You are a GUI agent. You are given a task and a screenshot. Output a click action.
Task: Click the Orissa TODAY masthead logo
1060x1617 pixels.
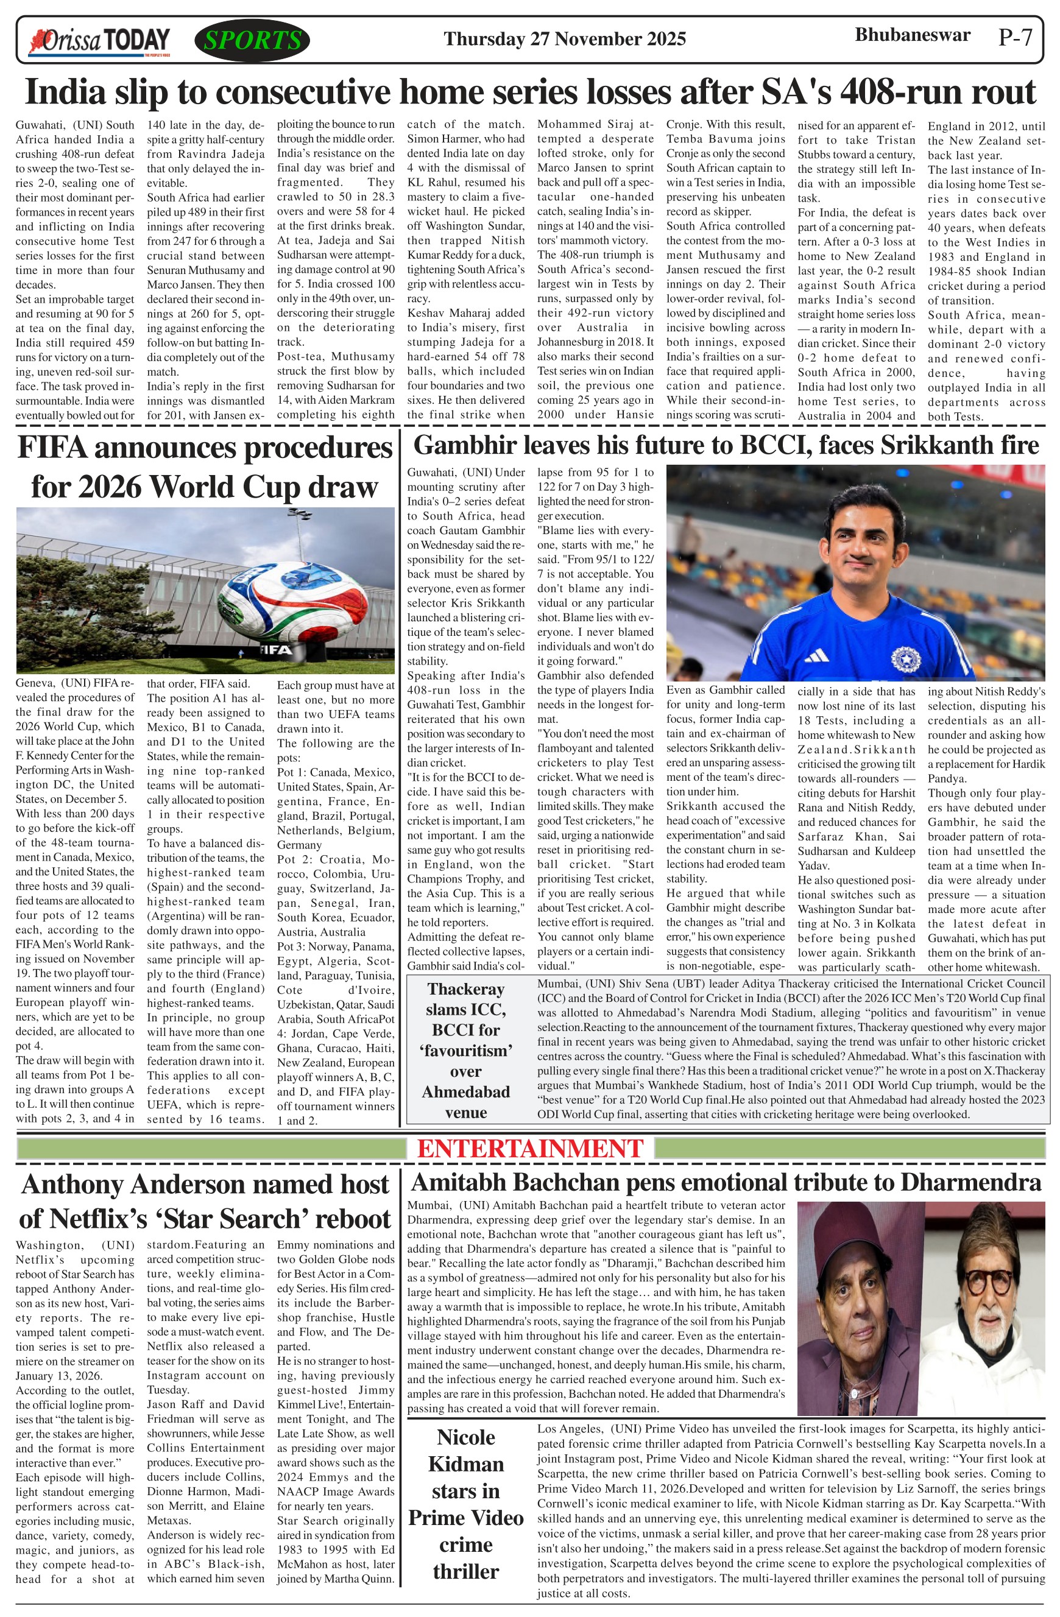coord(99,41)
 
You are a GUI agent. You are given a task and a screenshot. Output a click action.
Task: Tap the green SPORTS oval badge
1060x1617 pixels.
coord(252,40)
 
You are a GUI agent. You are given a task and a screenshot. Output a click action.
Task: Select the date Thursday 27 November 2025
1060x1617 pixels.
coord(565,39)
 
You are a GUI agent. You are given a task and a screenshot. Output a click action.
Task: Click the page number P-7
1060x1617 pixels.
coord(1015,37)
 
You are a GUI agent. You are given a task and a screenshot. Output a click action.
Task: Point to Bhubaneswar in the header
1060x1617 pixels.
coord(912,35)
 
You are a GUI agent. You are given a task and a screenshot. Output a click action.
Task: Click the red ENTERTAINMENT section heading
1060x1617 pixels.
coord(530,1148)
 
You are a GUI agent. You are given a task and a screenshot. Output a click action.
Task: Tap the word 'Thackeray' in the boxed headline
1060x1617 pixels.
coord(465,989)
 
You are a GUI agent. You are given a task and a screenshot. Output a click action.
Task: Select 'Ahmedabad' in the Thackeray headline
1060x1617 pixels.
coord(465,1092)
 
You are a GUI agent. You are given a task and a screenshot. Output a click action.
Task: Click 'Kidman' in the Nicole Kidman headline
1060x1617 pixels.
coord(465,1464)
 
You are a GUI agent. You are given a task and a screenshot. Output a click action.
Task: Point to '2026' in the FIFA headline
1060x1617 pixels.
coord(110,487)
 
